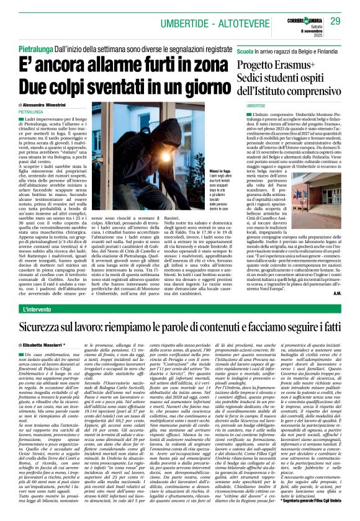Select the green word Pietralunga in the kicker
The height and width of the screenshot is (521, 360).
39,47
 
